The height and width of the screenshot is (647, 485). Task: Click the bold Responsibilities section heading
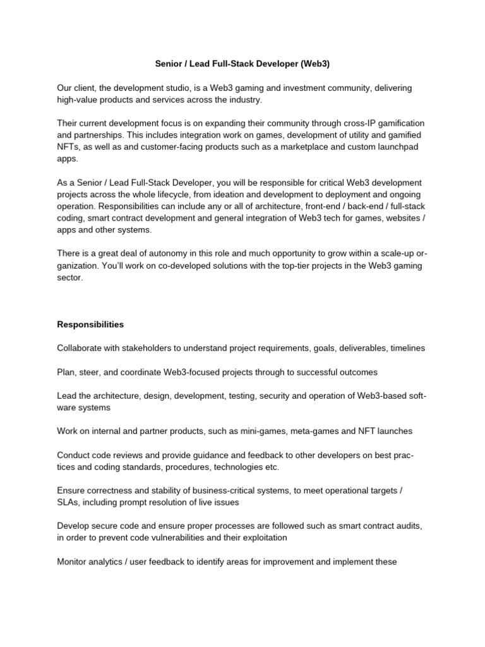pyautogui.click(x=90, y=325)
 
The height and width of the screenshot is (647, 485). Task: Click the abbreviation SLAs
pyautogui.click(x=69, y=502)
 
